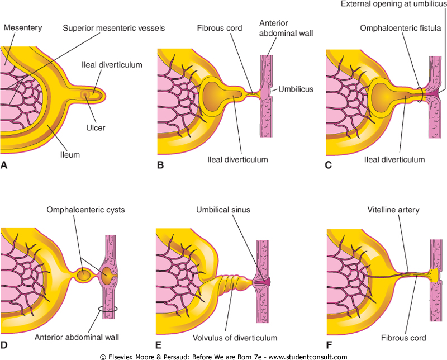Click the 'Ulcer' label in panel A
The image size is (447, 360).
tap(96, 127)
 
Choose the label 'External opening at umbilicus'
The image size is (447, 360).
tap(393, 6)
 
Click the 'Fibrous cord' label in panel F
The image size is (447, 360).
tap(402, 338)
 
